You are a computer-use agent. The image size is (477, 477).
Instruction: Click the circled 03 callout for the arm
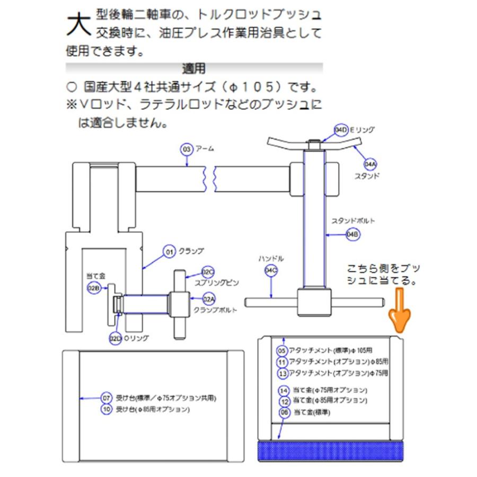pyautogui.click(x=187, y=149)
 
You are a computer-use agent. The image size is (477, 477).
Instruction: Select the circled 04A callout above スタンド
pyautogui.click(x=369, y=164)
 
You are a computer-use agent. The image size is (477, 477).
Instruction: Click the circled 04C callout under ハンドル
pyautogui.click(x=270, y=271)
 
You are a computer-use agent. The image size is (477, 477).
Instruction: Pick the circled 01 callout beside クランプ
pyautogui.click(x=170, y=251)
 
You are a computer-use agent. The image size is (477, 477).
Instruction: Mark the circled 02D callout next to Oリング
pyautogui.click(x=115, y=338)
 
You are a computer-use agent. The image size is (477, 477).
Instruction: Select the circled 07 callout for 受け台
pyautogui.click(x=107, y=397)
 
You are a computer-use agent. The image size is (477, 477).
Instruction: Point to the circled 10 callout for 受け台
pyautogui.click(x=107, y=409)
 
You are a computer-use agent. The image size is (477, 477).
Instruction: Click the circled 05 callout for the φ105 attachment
pyautogui.click(x=282, y=350)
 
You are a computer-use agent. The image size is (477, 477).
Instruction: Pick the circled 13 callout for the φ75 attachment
pyautogui.click(x=282, y=373)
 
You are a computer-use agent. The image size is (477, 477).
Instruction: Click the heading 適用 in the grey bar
pyautogui.click(x=193, y=68)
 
